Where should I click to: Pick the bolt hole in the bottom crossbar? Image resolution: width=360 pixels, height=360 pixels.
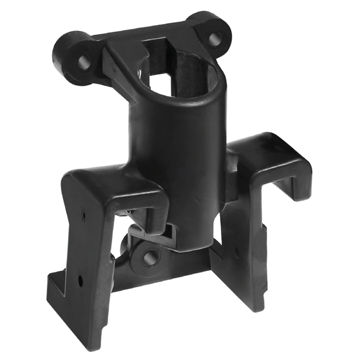pos(149,258)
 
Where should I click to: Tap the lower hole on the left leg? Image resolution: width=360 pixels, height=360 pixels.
pos(81,280)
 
